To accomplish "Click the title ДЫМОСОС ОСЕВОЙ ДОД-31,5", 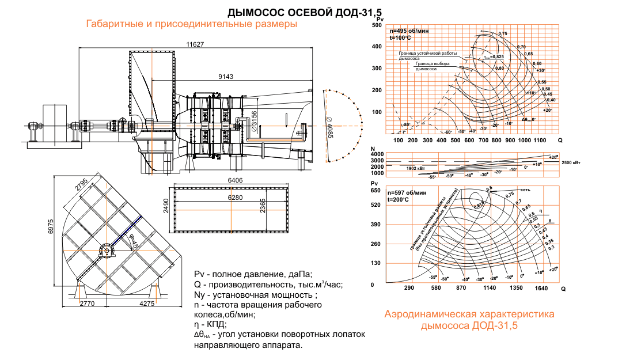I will point(305,12).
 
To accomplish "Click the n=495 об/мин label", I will point(408,30).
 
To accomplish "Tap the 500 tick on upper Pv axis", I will point(377,25).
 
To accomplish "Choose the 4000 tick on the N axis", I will point(377,154).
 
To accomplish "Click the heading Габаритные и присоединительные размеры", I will point(192,25).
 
